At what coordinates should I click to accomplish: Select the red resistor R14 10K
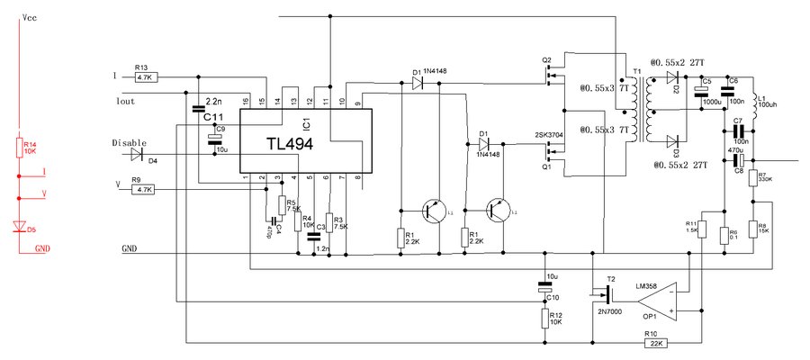pyautogui.click(x=19, y=148)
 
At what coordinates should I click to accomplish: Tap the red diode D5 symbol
pyautogui.click(x=19, y=228)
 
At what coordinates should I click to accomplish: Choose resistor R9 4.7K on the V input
pyautogui.click(x=144, y=190)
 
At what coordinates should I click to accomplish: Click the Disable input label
pyautogui.click(x=129, y=142)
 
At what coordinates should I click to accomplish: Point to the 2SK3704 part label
pyautogui.click(x=550, y=136)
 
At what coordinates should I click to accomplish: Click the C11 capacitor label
pyautogui.click(x=212, y=118)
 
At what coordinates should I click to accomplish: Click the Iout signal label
pyautogui.click(x=126, y=101)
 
